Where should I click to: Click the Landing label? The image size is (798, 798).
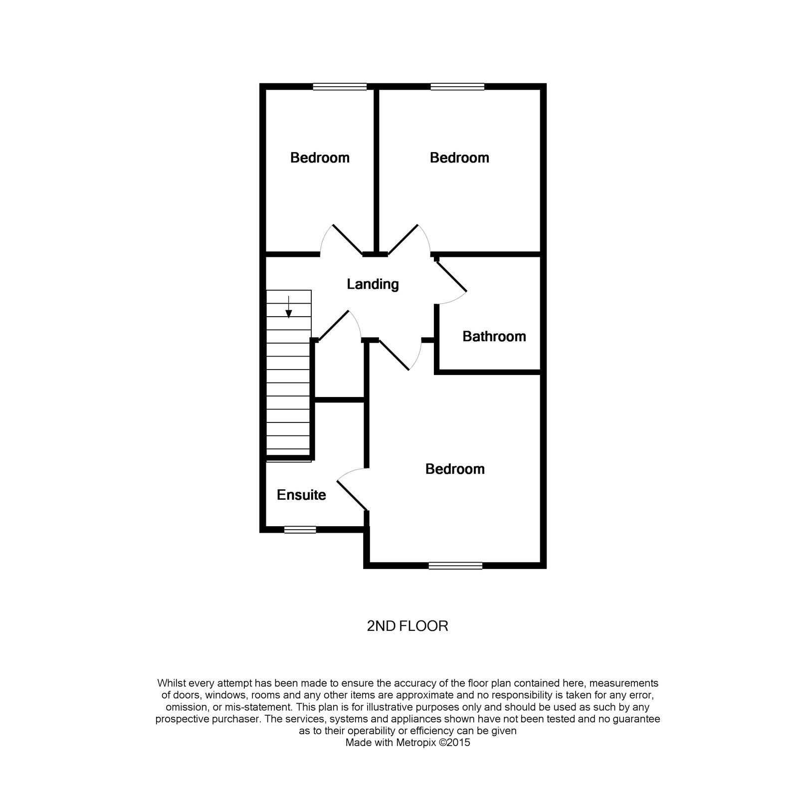(x=373, y=284)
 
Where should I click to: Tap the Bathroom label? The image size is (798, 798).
(x=494, y=337)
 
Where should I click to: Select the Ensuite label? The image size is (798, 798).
(x=301, y=495)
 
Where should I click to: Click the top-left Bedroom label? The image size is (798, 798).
(x=320, y=158)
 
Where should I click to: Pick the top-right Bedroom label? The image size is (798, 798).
(x=459, y=158)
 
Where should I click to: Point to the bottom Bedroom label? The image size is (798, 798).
(x=455, y=469)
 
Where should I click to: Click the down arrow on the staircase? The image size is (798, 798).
(x=288, y=307)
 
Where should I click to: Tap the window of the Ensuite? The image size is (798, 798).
(x=300, y=530)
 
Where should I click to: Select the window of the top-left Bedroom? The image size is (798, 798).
(x=340, y=87)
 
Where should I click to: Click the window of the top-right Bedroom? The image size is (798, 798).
(x=457, y=87)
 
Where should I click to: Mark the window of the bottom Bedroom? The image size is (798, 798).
(x=455, y=566)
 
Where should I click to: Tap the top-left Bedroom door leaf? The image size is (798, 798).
(x=348, y=240)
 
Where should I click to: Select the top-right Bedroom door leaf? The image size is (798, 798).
(x=403, y=240)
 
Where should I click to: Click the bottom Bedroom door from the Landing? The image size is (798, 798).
(x=394, y=355)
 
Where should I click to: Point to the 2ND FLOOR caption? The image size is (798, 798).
(x=407, y=626)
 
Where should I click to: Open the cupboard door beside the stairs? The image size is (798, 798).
(x=333, y=326)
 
